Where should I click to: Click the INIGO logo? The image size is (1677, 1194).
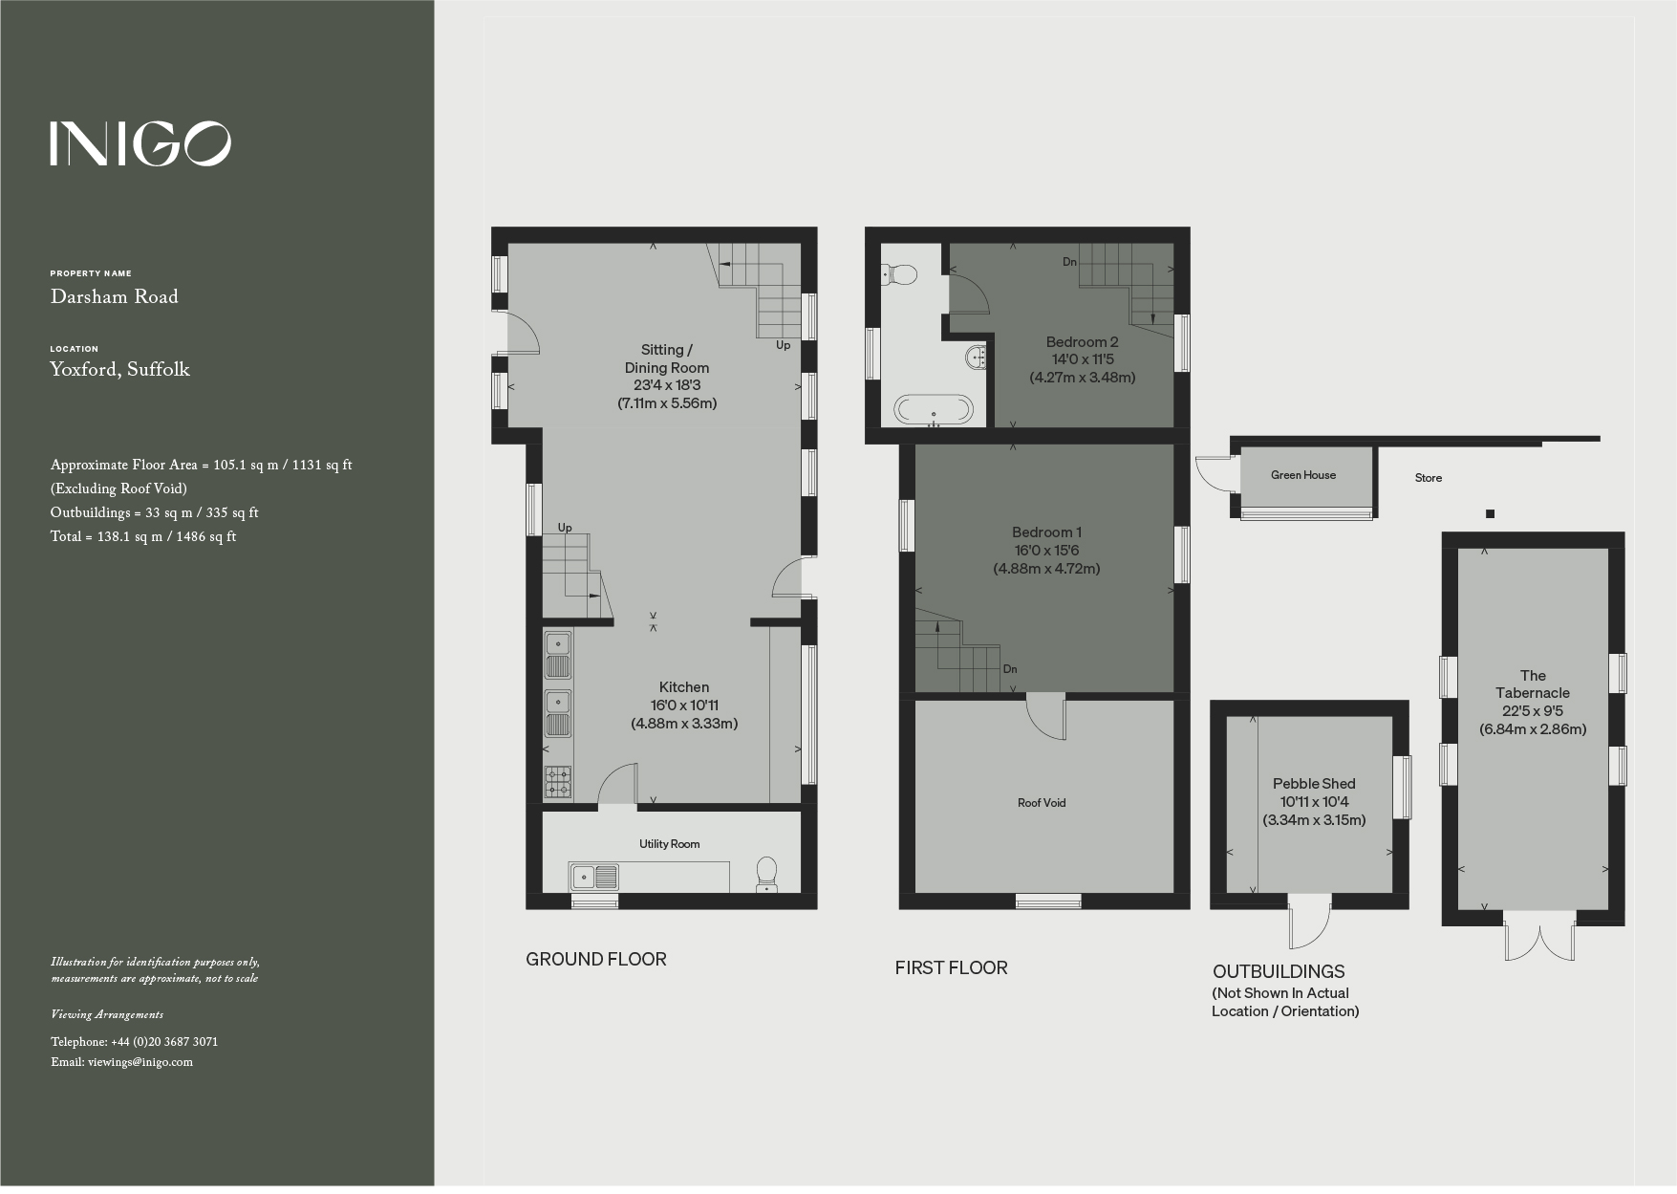pyautogui.click(x=140, y=143)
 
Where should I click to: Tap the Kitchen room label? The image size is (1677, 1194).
pyautogui.click(x=684, y=687)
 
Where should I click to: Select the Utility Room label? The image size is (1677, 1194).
pyautogui.click(x=669, y=844)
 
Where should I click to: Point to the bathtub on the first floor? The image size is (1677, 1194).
pyautogui.click(x=934, y=410)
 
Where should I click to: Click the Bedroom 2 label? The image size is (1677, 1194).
pyautogui.click(x=1082, y=342)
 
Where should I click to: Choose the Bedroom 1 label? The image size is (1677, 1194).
pyautogui.click(x=1046, y=532)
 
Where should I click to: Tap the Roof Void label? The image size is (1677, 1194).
pyautogui.click(x=1042, y=803)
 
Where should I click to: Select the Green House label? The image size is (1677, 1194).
pyautogui.click(x=1303, y=475)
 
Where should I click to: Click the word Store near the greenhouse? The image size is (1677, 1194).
pyautogui.click(x=1429, y=478)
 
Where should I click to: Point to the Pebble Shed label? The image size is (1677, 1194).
pyautogui.click(x=1314, y=784)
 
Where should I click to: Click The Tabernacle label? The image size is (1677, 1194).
pyautogui.click(x=1533, y=684)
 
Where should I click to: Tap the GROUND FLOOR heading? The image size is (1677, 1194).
pyautogui.click(x=596, y=960)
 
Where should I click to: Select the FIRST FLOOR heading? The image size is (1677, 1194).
pyautogui.click(x=951, y=968)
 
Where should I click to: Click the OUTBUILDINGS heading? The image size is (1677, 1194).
pyautogui.click(x=1279, y=972)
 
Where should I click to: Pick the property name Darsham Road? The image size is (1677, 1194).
pyautogui.click(x=115, y=297)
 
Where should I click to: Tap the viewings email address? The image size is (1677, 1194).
pyautogui.click(x=140, y=1062)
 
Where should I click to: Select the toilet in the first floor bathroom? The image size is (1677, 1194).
pyautogui.click(x=899, y=275)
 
